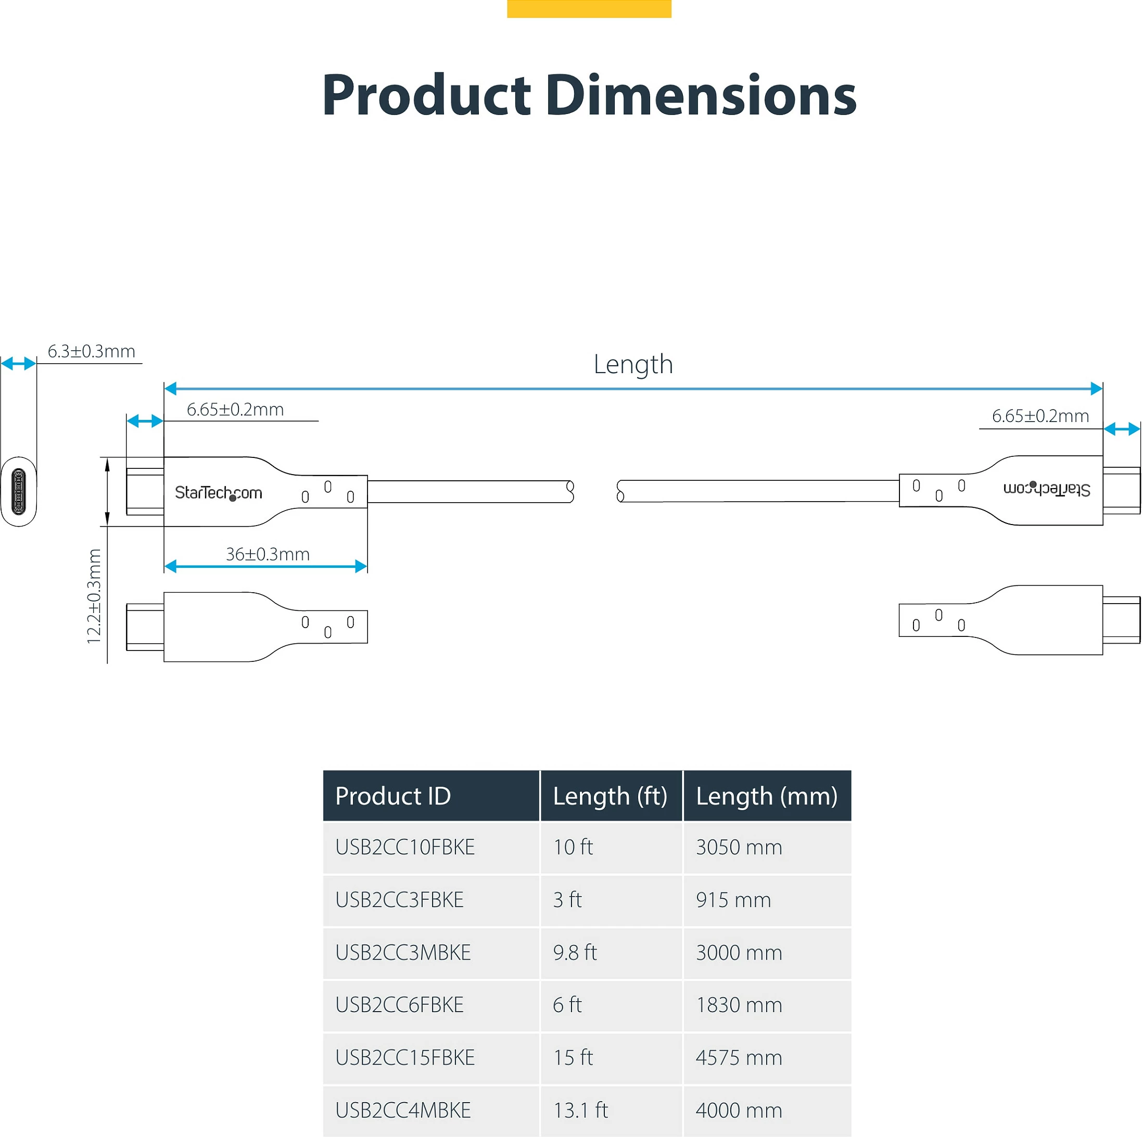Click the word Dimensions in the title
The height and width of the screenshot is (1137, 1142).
[701, 95]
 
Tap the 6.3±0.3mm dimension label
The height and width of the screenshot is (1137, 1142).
[92, 351]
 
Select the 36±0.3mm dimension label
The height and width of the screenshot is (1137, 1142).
[268, 554]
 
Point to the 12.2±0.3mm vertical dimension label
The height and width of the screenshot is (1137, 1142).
[94, 596]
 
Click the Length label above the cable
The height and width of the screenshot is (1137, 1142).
[633, 365]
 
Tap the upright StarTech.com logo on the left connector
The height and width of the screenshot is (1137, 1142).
[218, 492]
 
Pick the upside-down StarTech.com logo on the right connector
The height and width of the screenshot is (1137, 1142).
[1046, 489]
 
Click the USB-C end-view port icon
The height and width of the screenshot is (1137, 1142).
[18, 491]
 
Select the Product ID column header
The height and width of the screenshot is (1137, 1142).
[392, 796]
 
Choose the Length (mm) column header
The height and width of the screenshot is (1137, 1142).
[767, 797]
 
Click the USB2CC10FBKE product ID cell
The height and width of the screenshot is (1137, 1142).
[405, 847]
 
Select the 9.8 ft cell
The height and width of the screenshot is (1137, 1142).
[575, 952]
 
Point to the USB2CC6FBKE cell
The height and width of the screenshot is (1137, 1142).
[400, 1005]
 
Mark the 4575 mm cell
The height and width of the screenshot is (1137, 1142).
[739, 1057]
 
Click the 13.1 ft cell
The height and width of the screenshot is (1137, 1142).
[580, 1110]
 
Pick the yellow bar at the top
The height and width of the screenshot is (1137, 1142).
[589, 9]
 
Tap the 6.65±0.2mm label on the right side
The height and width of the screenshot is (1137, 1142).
[1041, 416]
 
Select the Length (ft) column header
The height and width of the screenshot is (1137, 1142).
[610, 797]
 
